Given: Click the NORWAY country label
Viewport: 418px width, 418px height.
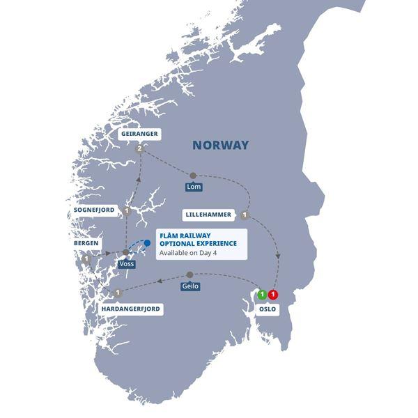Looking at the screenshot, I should (220, 146).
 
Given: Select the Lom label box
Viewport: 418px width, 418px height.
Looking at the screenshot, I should (193, 187).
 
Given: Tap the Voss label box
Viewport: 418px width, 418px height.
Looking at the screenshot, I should (126, 265).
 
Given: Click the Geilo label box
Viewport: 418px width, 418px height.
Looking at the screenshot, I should (189, 286).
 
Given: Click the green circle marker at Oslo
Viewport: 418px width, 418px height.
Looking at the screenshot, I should (262, 294).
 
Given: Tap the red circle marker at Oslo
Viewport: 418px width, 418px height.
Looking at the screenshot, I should (273, 294).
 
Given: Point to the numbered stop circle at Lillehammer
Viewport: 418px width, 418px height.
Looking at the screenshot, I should (246, 215).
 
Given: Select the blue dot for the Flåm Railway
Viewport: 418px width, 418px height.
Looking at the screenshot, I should (147, 243).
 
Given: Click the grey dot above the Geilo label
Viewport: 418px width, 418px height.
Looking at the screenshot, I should (189, 274).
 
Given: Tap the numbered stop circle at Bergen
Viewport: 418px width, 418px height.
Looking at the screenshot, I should (86, 259).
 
